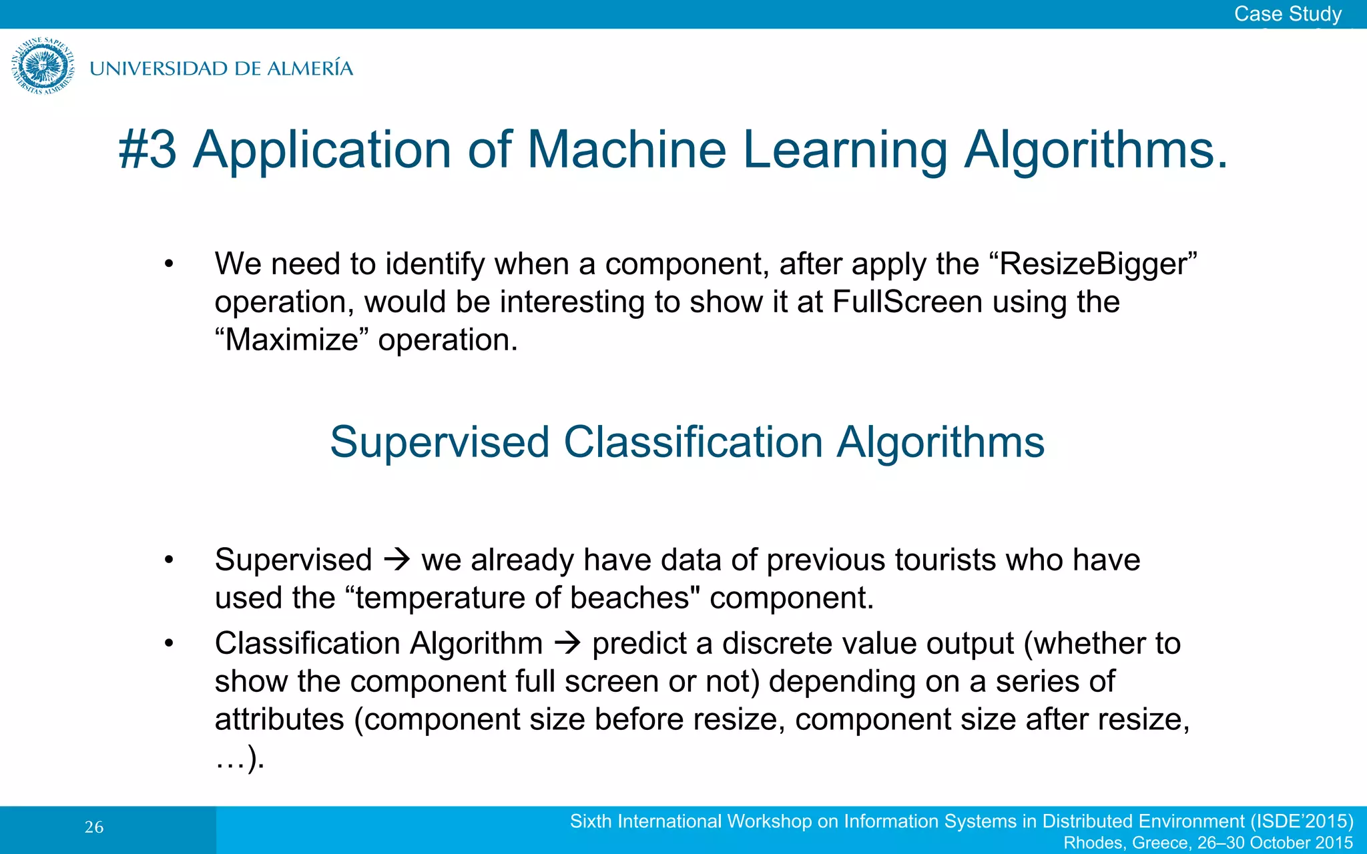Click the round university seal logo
pyautogui.click(x=43, y=66)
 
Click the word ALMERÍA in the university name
pyautogui.click(x=309, y=69)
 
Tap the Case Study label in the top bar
pyautogui.click(x=1287, y=13)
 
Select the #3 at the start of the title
pyautogui.click(x=148, y=149)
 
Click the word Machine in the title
pyautogui.click(x=626, y=149)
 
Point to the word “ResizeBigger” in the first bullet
pyautogui.click(x=1093, y=264)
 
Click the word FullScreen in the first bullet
pyautogui.click(x=907, y=302)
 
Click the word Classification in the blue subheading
pyautogui.click(x=693, y=442)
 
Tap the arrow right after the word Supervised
pyautogui.click(x=397, y=559)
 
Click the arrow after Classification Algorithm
pyautogui.click(x=567, y=644)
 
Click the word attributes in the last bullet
pyautogui.click(x=280, y=720)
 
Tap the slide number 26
pyautogui.click(x=94, y=828)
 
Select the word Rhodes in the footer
pyautogui.click(x=1093, y=843)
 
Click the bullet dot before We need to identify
pyautogui.click(x=169, y=265)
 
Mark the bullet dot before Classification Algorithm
pyautogui.click(x=169, y=644)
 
